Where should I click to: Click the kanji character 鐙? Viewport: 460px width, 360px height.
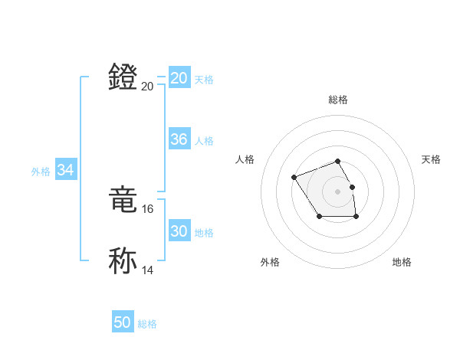tap(123, 77)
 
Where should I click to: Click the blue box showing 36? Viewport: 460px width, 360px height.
tap(179, 140)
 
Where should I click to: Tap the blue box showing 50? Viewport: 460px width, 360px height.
tap(122, 322)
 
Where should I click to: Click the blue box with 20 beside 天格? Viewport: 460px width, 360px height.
tap(179, 78)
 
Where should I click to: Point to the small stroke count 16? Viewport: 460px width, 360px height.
tap(148, 208)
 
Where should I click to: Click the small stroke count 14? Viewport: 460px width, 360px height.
tap(148, 270)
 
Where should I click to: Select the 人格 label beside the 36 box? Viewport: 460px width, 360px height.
tap(204, 141)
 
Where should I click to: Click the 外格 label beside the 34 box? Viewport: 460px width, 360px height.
tap(41, 172)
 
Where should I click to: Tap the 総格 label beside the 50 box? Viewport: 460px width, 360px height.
tap(147, 324)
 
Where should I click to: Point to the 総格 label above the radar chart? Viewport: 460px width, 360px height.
tap(337, 100)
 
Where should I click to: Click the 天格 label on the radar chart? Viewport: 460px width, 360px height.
tap(431, 159)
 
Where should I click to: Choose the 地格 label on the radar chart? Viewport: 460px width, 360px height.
tap(402, 262)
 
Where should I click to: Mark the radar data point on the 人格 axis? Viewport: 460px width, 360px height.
tap(294, 178)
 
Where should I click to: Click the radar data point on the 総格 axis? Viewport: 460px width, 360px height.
tap(337, 161)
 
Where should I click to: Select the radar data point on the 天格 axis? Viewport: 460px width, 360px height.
tap(352, 187)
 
